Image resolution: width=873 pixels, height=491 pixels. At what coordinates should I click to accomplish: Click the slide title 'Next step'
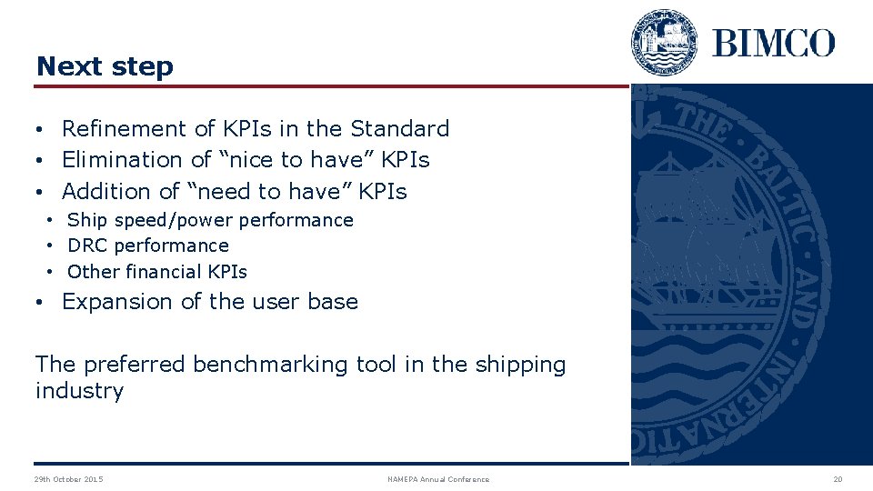104,66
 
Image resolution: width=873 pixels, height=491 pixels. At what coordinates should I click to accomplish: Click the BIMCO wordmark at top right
773,43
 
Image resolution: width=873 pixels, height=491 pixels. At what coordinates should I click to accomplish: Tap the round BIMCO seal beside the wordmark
665,42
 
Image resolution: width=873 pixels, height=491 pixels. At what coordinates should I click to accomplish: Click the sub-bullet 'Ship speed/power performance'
210,220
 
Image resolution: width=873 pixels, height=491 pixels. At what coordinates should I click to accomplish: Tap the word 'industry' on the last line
79,391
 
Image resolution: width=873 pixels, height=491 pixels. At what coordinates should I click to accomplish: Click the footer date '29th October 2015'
68,479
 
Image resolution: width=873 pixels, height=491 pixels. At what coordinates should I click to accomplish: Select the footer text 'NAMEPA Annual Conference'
438,479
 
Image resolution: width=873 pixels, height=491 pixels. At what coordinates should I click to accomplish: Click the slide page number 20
838,479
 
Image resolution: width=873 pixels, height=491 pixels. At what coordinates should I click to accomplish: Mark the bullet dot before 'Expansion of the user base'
42,303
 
